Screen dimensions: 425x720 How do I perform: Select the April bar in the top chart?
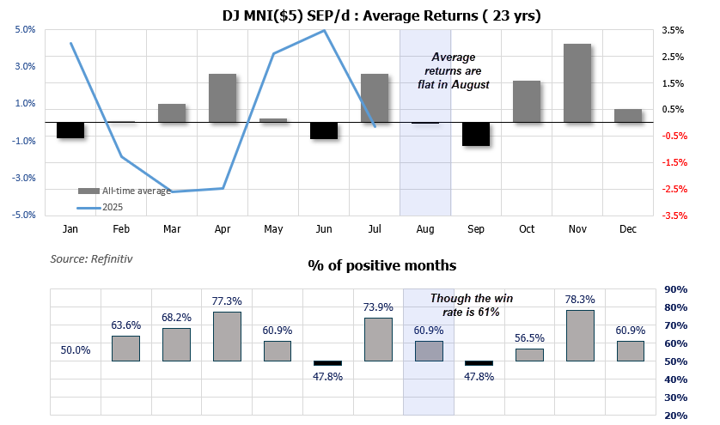(x=223, y=98)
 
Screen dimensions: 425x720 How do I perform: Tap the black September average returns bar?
(x=476, y=134)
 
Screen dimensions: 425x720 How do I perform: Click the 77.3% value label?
(x=227, y=301)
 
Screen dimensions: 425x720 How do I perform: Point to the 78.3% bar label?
(x=581, y=300)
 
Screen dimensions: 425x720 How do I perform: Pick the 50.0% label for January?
(x=76, y=350)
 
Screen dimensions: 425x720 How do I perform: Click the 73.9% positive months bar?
(x=379, y=339)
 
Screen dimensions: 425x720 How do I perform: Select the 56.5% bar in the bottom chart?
(x=529, y=355)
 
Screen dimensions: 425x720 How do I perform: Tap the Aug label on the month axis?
(x=425, y=229)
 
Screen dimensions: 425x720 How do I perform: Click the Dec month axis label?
(x=628, y=229)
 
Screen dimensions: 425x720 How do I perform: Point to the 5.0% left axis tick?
(x=26, y=30)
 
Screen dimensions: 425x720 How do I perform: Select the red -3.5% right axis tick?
(x=674, y=216)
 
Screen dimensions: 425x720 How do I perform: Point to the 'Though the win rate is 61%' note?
(x=465, y=305)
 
